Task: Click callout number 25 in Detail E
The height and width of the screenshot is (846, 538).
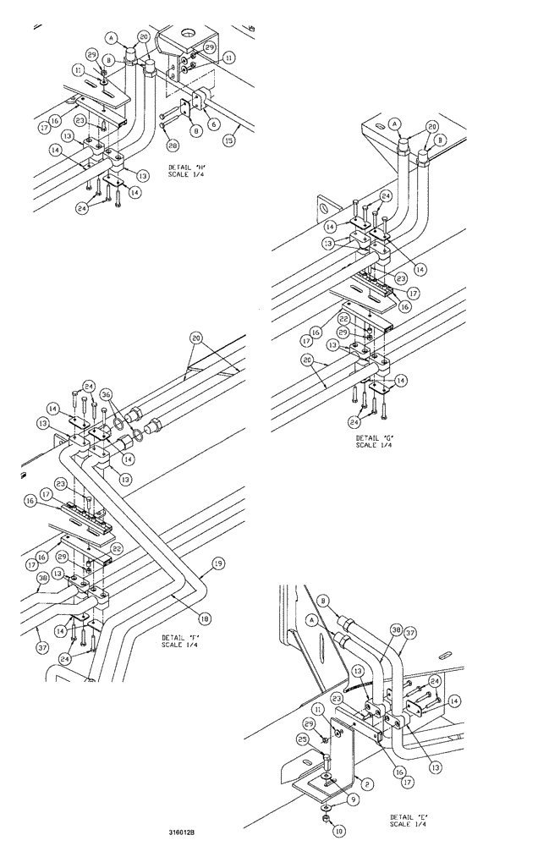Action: (x=303, y=740)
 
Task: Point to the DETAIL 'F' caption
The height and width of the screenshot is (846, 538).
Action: (x=179, y=640)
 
